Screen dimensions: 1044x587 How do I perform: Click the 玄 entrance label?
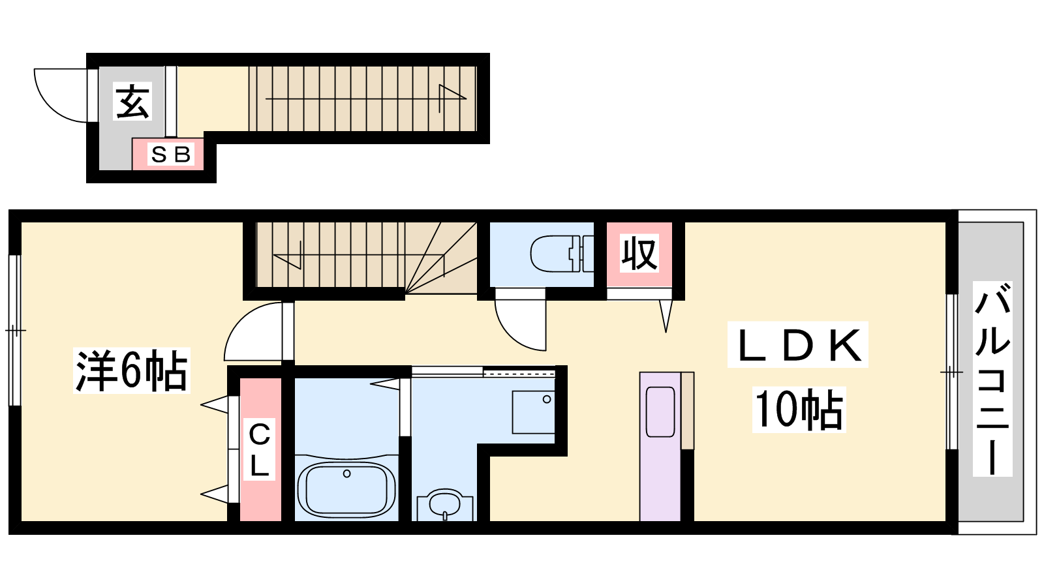point(133,101)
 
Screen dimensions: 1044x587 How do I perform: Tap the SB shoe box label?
point(170,154)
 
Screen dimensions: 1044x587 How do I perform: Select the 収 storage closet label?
point(639,253)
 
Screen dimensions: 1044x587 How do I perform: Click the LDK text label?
point(797,345)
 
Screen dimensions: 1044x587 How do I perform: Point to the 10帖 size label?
point(799,409)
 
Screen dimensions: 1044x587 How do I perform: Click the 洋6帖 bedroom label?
point(131,370)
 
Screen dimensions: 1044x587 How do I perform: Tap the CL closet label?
point(259,449)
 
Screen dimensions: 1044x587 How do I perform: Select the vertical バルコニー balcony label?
point(992,379)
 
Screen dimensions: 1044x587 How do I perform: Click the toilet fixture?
point(562,254)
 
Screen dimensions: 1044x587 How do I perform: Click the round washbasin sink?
point(445,505)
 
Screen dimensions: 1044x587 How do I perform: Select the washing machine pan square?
point(533,412)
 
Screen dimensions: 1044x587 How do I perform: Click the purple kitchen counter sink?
point(660,412)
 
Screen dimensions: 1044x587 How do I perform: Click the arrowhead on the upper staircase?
point(452,98)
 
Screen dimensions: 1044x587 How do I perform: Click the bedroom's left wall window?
point(16,330)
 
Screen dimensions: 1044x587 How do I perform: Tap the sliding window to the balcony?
point(952,372)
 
